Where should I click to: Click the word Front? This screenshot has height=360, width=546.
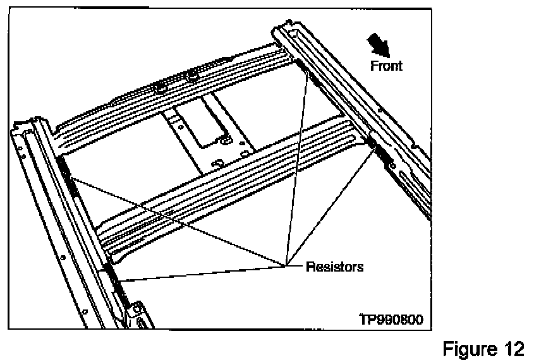[x=387, y=65]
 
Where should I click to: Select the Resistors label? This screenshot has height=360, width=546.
[x=334, y=267]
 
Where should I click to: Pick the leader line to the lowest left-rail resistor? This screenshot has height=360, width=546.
[x=202, y=272]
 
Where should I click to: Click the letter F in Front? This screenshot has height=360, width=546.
[x=373, y=65]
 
